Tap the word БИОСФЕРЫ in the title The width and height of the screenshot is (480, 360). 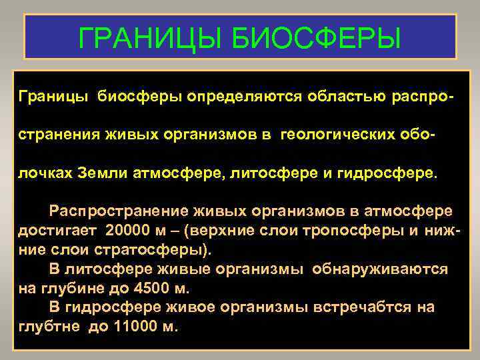[317, 38]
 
